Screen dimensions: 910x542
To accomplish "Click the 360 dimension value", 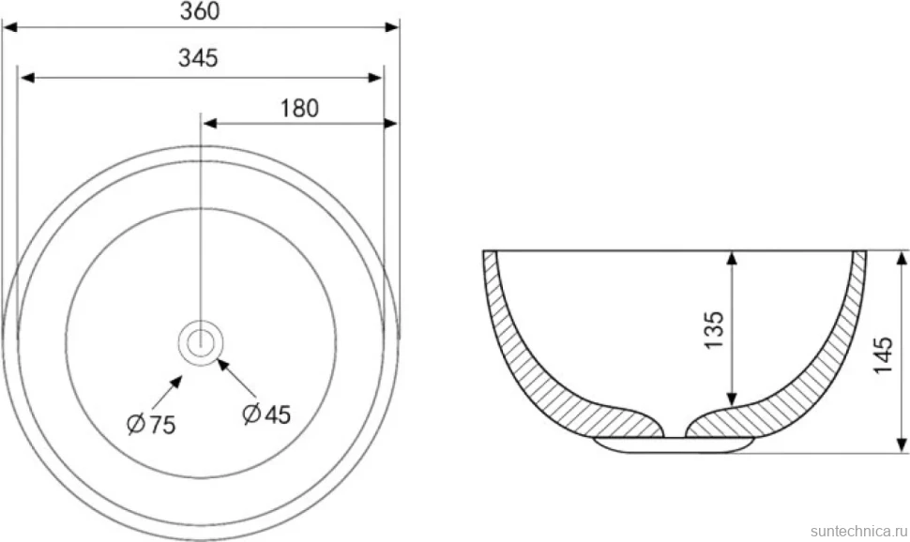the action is (200, 11).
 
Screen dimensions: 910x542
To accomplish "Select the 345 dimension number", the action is (199, 58).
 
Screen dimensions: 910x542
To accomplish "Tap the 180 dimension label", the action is (299, 109).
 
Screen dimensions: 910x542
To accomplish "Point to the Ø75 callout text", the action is (151, 425).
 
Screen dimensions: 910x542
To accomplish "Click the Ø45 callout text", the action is (266, 414).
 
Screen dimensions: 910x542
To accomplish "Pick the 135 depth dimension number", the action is (715, 330).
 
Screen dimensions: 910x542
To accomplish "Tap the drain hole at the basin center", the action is (201, 341).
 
